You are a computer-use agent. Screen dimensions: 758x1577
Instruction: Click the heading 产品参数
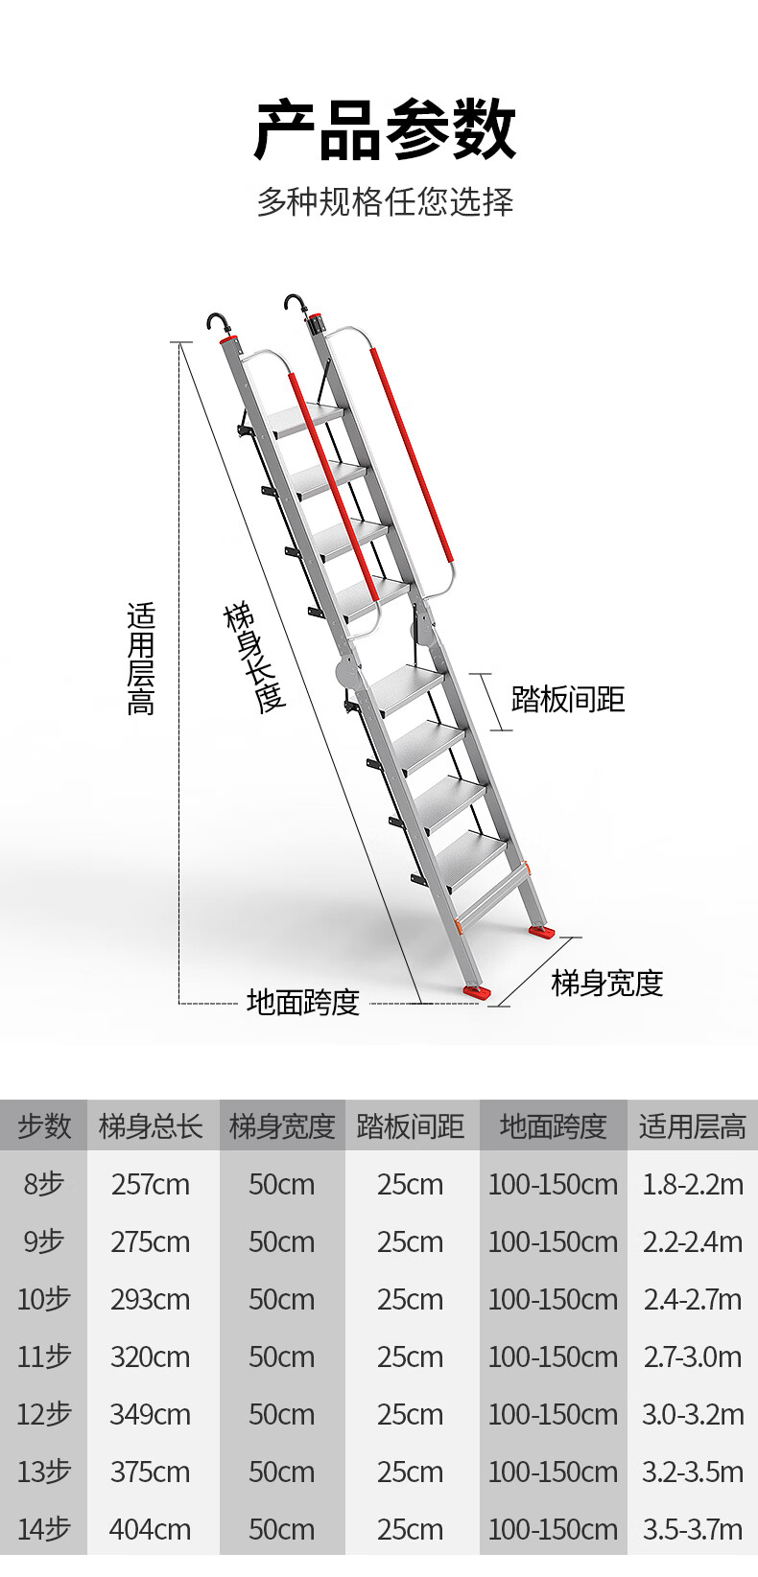pyautogui.click(x=385, y=129)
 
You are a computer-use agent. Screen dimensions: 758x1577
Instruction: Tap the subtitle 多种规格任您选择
pyautogui.click(x=385, y=201)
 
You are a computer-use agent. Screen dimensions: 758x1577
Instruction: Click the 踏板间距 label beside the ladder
pyautogui.click(x=568, y=699)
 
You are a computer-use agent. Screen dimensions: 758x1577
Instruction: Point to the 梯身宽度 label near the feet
pyautogui.click(x=606, y=983)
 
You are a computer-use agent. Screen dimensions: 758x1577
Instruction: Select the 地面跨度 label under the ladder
pyautogui.click(x=302, y=1002)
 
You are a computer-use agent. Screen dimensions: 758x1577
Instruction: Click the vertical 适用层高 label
pyautogui.click(x=141, y=659)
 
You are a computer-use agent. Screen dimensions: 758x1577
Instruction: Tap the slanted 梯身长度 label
pyautogui.click(x=255, y=658)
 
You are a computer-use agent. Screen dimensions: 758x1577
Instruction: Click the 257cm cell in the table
pyautogui.click(x=151, y=1184)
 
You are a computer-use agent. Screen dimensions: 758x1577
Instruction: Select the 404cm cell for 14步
pyautogui.click(x=151, y=1529)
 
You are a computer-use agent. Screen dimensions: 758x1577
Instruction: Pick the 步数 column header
pyautogui.click(x=44, y=1125)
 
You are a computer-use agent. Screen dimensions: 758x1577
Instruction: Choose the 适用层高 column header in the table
pyautogui.click(x=692, y=1125)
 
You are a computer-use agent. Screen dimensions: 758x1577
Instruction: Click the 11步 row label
pyautogui.click(x=44, y=1357)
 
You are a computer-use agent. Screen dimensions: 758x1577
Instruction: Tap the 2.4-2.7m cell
pyautogui.click(x=692, y=1299)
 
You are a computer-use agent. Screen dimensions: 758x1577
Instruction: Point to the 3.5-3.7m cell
pyautogui.click(x=692, y=1529)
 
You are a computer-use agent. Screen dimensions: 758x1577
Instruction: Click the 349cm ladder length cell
pyautogui.click(x=151, y=1414)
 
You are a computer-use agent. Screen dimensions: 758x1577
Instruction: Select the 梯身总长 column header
pyautogui.click(x=151, y=1125)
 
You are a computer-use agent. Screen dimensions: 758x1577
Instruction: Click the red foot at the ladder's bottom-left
pyautogui.click(x=477, y=992)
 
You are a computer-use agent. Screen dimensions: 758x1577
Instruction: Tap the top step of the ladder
pyautogui.click(x=305, y=418)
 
